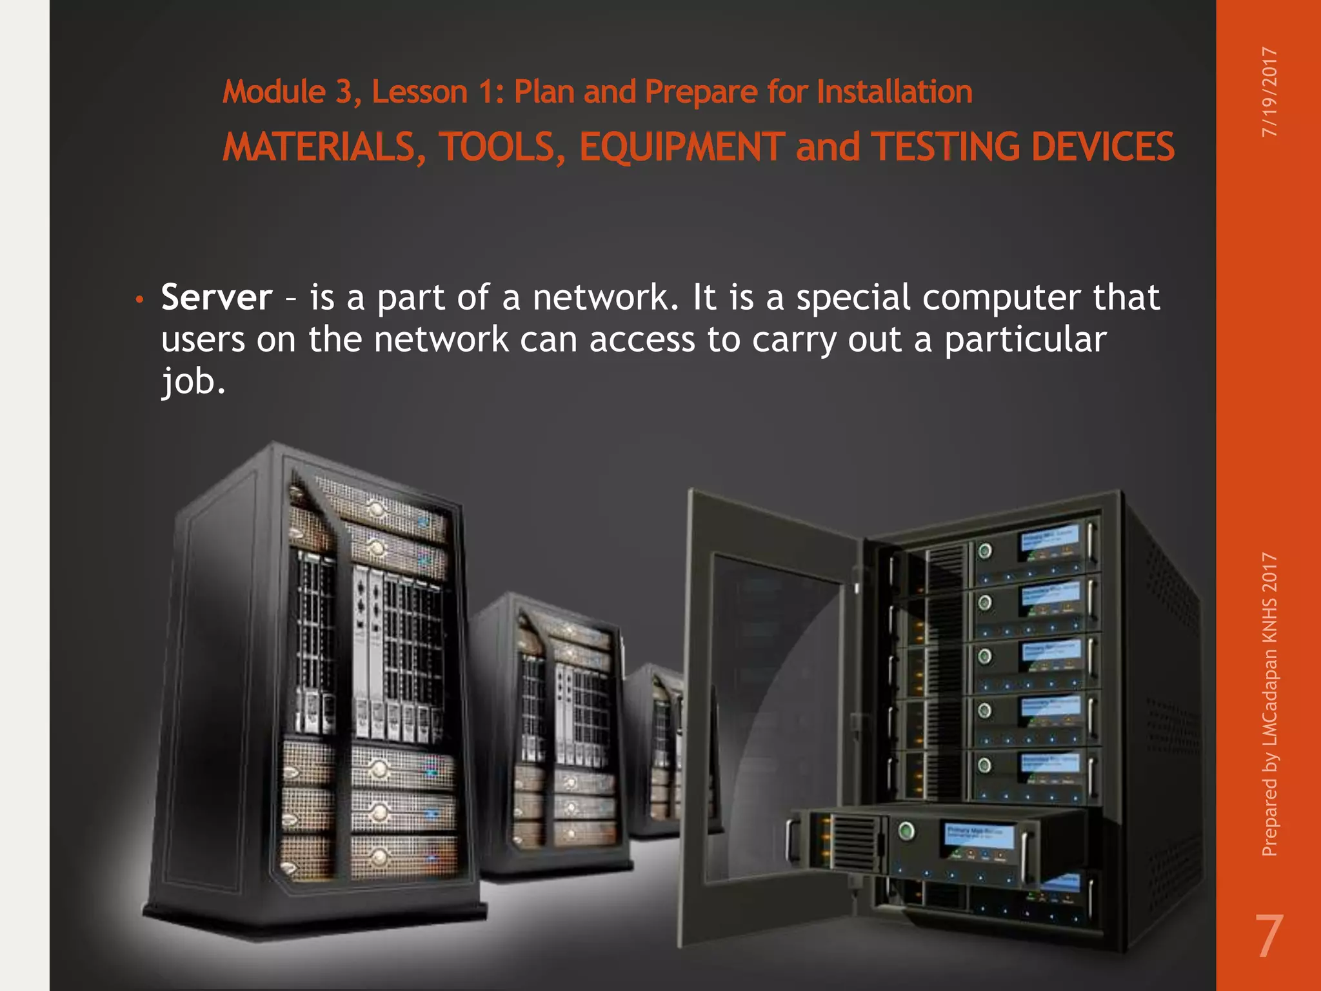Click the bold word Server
pyautogui.click(x=217, y=297)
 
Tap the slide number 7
pyautogui.click(x=1268, y=937)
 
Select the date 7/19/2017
pyautogui.click(x=1269, y=92)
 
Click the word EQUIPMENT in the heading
pyautogui.click(x=682, y=146)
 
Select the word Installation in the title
pyautogui.click(x=895, y=92)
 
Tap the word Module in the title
pyautogui.click(x=273, y=92)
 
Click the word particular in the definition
pyautogui.click(x=1026, y=340)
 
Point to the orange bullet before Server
pyautogui.click(x=139, y=299)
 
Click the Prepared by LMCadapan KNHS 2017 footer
pyautogui.click(x=1269, y=705)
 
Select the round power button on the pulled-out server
pyautogui.click(x=906, y=831)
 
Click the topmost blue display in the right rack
pyautogui.click(x=1048, y=541)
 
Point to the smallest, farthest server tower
pyautogui.click(x=655, y=748)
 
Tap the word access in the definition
pyautogui.click(x=642, y=340)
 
